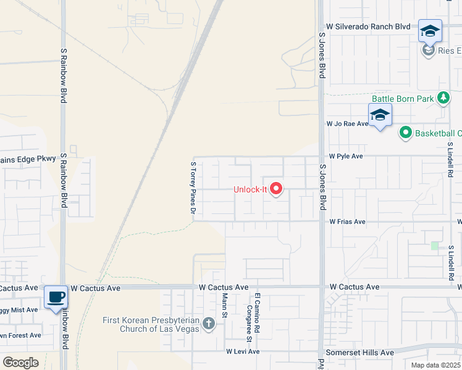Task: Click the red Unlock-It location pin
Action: coord(276,189)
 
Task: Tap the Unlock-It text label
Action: coord(250,189)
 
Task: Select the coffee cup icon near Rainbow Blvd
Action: coord(56,297)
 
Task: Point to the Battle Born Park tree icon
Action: coord(442,98)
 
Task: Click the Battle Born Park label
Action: coord(402,99)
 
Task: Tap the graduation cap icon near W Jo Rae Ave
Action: coord(380,115)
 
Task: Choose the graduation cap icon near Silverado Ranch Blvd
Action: coord(430,31)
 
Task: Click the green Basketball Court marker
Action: coord(406,133)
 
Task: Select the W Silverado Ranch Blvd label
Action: coord(369,27)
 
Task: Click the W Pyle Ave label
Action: coord(346,157)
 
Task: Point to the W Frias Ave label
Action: coord(347,221)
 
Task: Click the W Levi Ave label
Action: coord(243,351)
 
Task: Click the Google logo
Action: coord(20,363)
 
